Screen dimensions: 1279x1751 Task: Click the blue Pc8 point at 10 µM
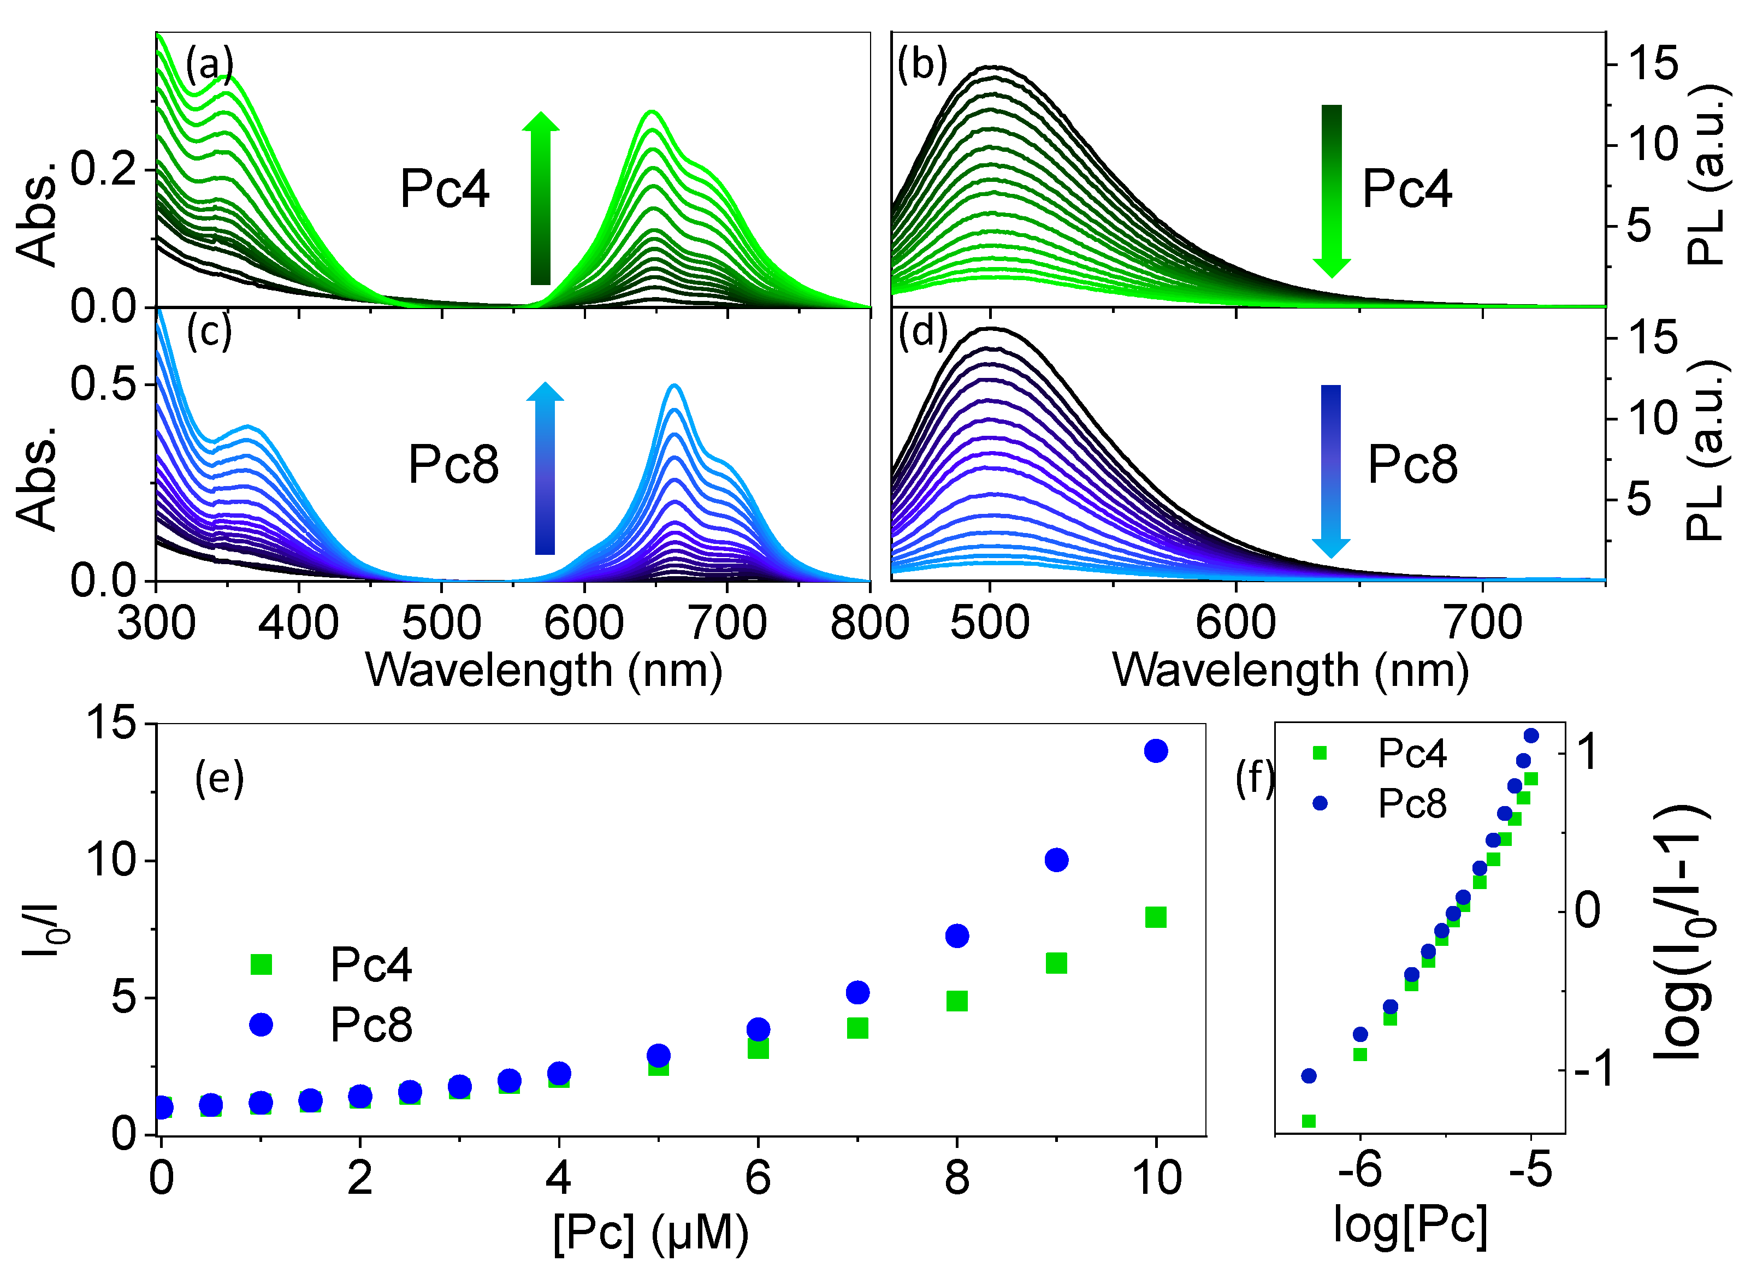pos(1156,751)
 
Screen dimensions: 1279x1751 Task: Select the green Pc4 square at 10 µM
pos(1156,917)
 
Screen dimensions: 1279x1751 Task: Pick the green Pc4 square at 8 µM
pos(957,1001)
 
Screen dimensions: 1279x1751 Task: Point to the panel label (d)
pos(922,333)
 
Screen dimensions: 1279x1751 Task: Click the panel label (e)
pos(219,780)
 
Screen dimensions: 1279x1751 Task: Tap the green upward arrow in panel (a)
pos(540,198)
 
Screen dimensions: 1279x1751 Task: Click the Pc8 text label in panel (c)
pos(454,465)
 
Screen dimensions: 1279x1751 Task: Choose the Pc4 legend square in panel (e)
pos(262,964)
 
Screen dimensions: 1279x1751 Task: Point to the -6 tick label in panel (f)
pos(1359,1169)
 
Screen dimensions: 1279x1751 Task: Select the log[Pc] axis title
pos(1410,1225)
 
